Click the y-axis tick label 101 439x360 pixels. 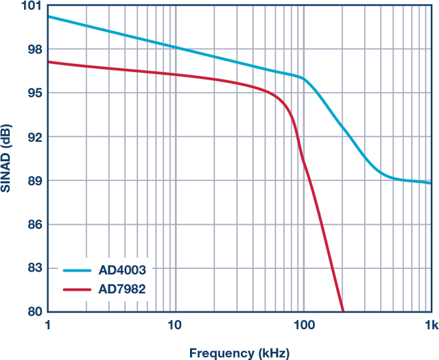32,6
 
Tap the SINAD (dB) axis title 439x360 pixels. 8,158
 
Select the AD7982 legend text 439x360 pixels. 123,289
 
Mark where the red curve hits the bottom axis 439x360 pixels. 342,311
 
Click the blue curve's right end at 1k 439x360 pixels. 430,183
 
